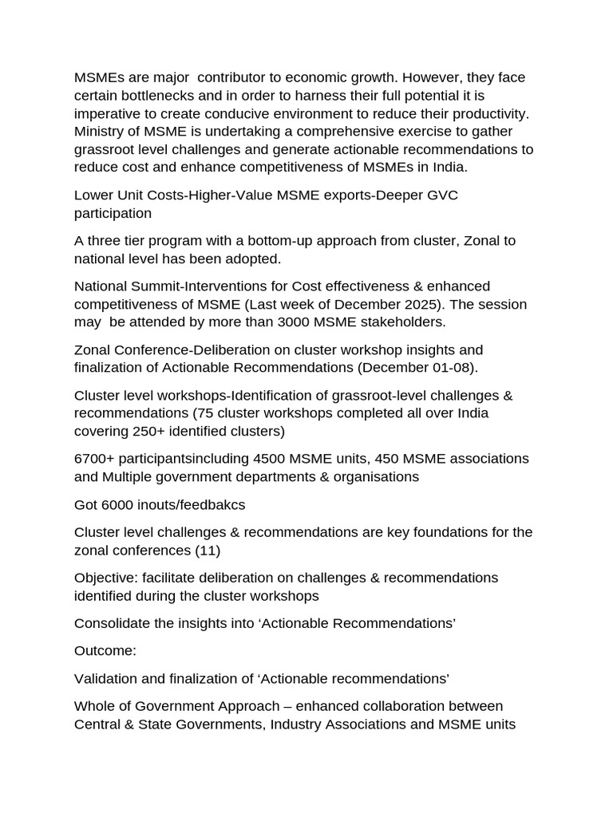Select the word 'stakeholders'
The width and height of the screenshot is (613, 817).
click(x=403, y=322)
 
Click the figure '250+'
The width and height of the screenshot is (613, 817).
click(x=139, y=432)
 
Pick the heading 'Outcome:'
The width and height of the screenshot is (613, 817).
click(x=105, y=651)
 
